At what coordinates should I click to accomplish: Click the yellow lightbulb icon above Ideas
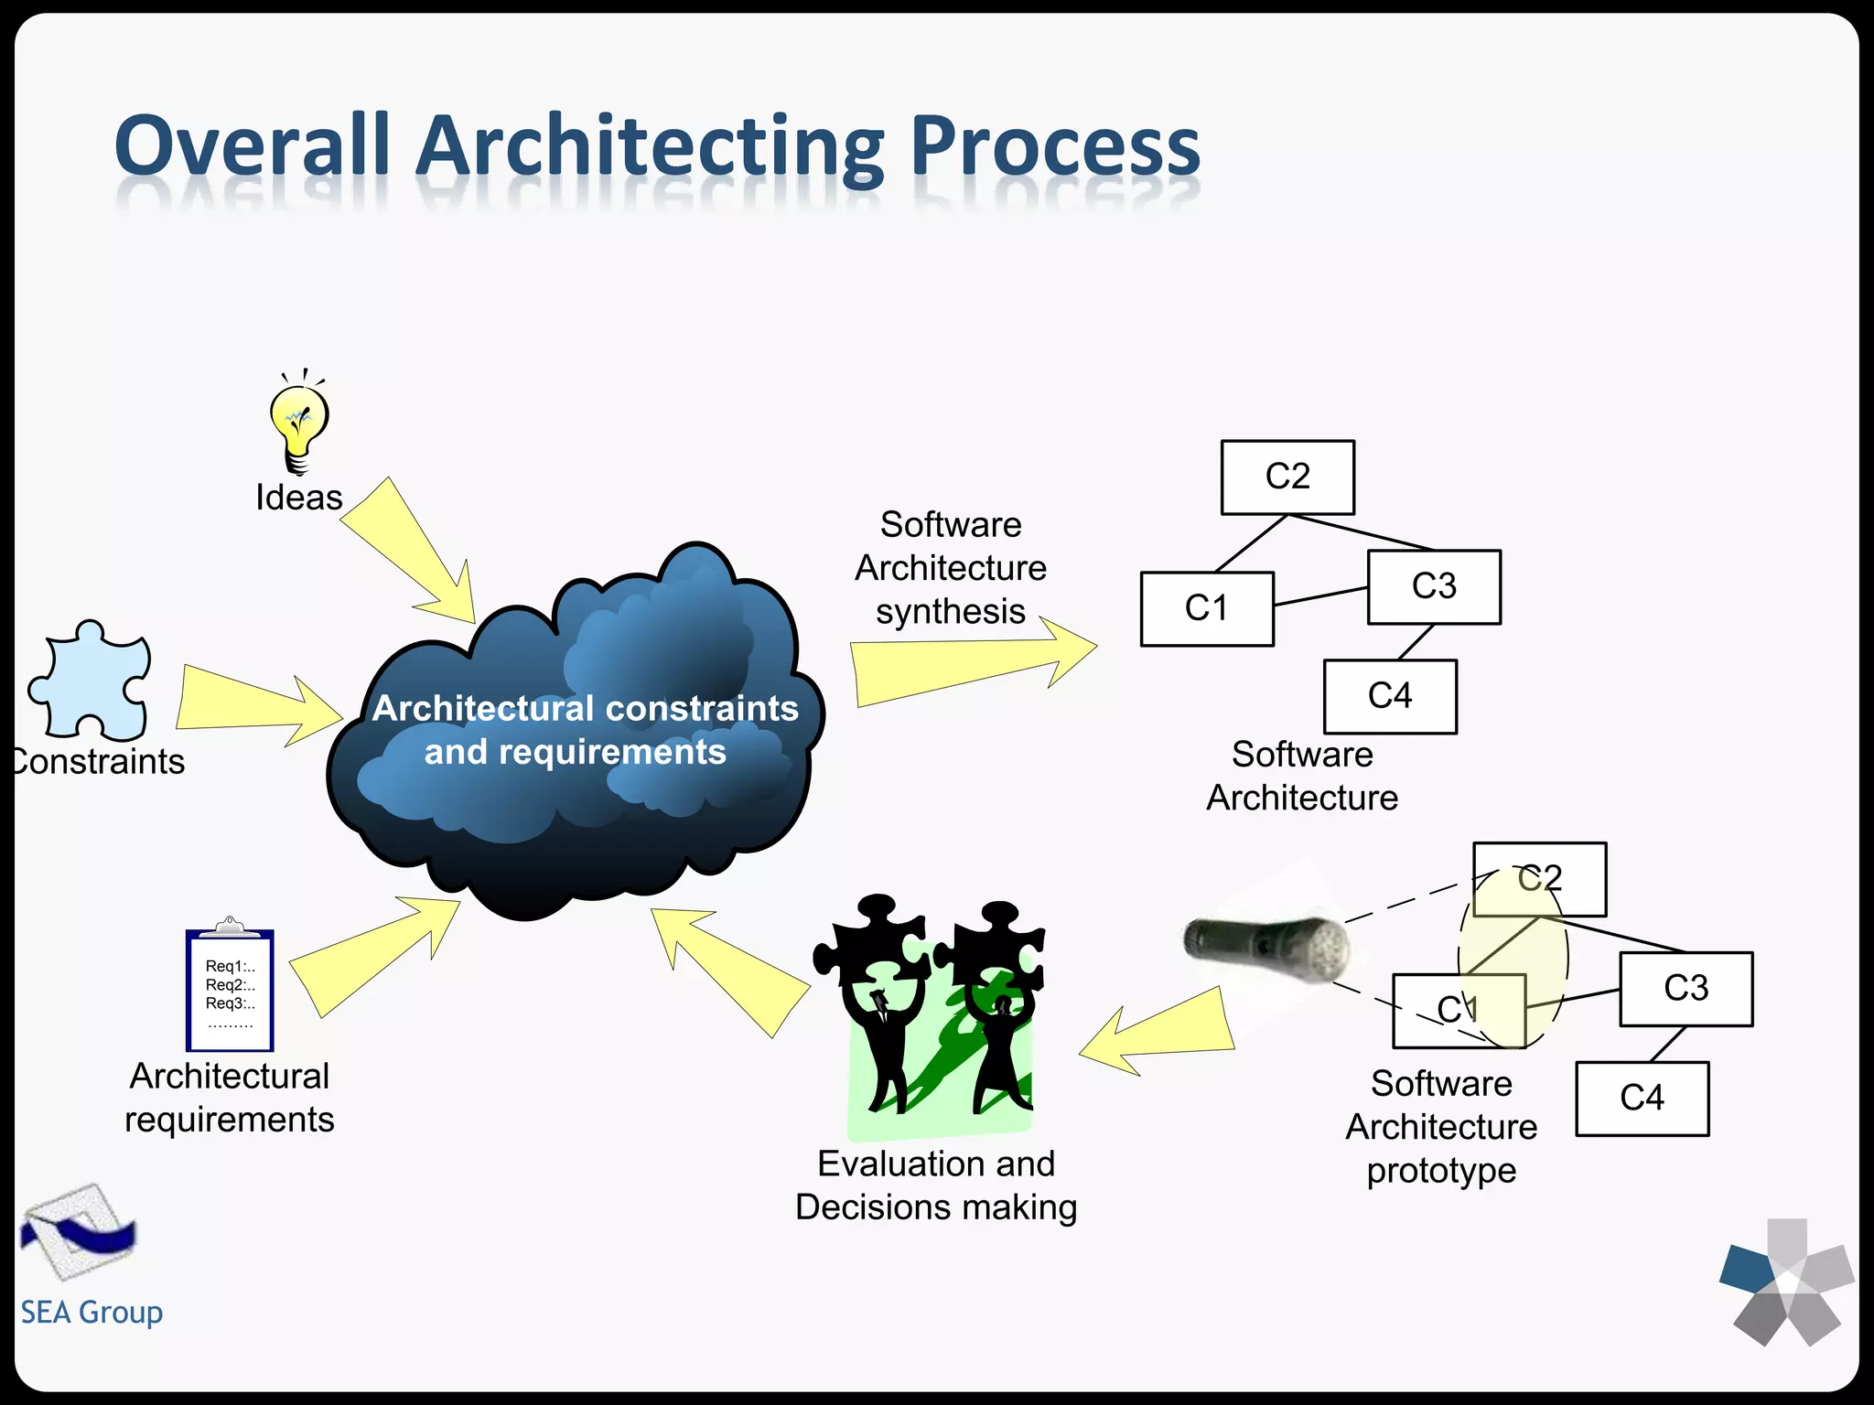pos(298,423)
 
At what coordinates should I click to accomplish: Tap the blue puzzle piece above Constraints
pos(91,681)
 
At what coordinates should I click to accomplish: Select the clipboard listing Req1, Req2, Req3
pos(230,990)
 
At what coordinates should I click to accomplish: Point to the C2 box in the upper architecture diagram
pos(1287,477)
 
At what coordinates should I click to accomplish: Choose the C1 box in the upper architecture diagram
pos(1207,609)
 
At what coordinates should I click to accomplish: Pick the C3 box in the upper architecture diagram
pos(1434,587)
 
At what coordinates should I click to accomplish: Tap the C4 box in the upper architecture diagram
pos(1390,697)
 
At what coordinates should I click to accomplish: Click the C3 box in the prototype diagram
pos(1686,989)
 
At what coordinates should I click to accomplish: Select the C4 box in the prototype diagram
pos(1642,1099)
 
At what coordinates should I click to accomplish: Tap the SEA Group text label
pos(92,1313)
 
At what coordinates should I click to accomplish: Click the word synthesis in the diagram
pos(950,611)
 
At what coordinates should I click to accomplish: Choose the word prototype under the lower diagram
pos(1441,1171)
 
